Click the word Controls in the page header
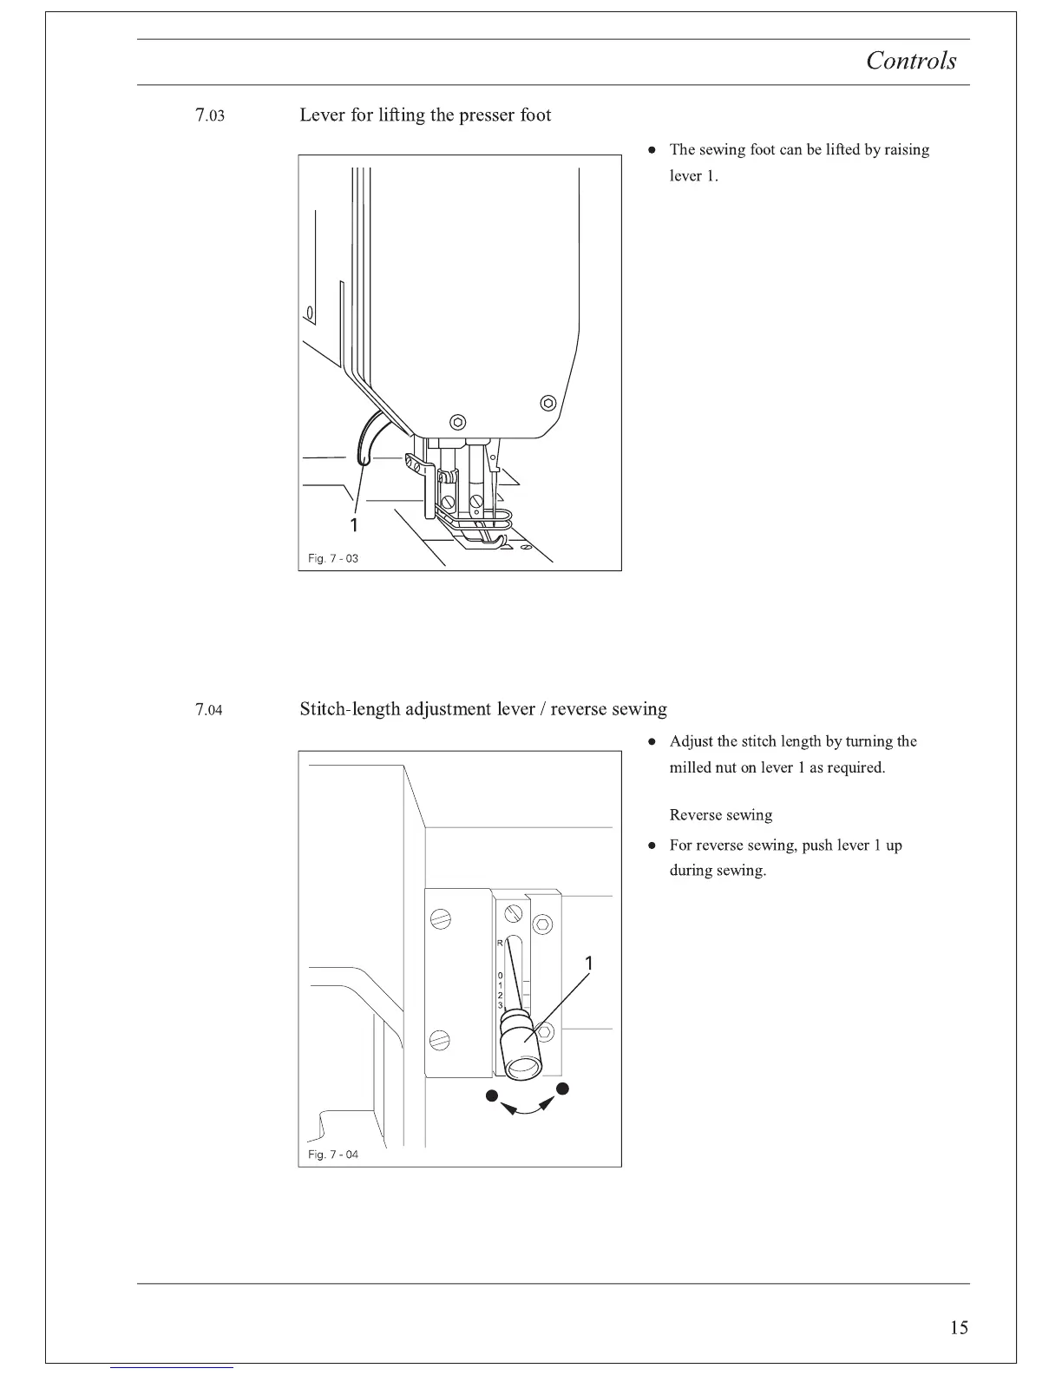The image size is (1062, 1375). pyautogui.click(x=911, y=61)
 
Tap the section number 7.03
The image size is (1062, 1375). pyautogui.click(x=210, y=115)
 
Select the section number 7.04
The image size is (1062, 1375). pyautogui.click(x=209, y=710)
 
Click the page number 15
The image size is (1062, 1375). pyautogui.click(x=959, y=1327)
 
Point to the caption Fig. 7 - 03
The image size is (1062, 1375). pyautogui.click(x=333, y=558)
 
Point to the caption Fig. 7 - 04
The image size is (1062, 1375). pyautogui.click(x=333, y=1155)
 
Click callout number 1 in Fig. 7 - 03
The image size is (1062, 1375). pyautogui.click(x=353, y=524)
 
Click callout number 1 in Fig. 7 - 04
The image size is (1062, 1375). pyautogui.click(x=589, y=964)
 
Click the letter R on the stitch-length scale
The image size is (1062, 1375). pyautogui.click(x=500, y=943)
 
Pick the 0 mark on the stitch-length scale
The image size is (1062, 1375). pyautogui.click(x=500, y=976)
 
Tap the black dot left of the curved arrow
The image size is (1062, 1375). pyautogui.click(x=492, y=1095)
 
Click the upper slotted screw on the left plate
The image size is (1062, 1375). pyautogui.click(x=442, y=918)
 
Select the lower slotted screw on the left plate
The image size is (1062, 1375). pyautogui.click(x=442, y=1039)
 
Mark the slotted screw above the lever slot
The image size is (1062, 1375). pyautogui.click(x=514, y=913)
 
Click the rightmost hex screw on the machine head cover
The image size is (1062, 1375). pyautogui.click(x=547, y=402)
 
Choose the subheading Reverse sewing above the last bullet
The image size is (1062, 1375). pyautogui.click(x=720, y=815)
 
